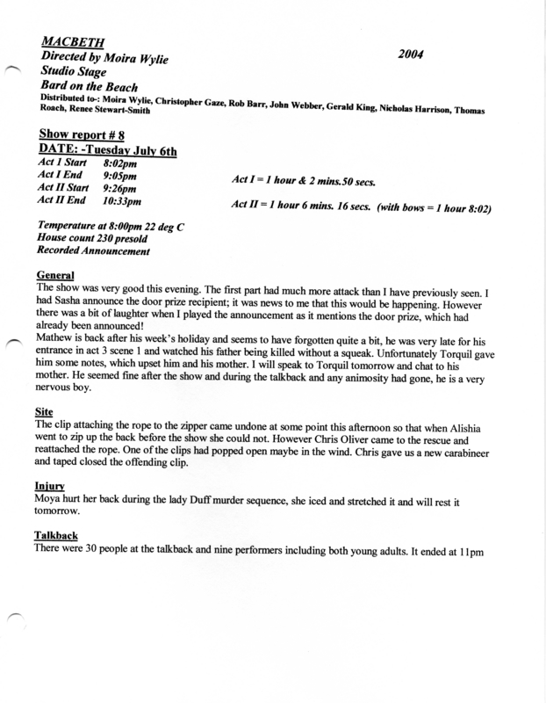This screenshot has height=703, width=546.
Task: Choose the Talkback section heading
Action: coord(58,533)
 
